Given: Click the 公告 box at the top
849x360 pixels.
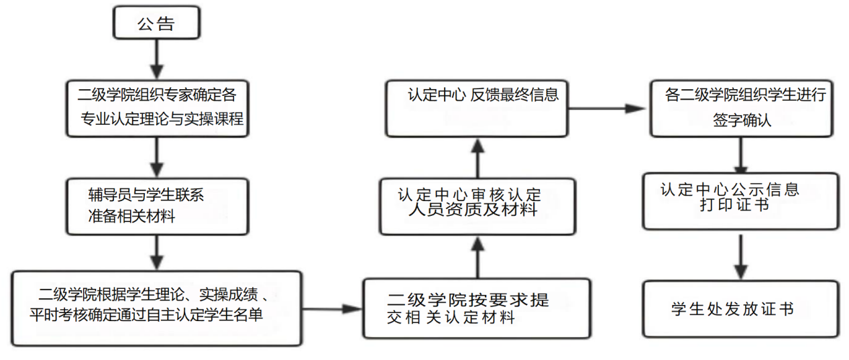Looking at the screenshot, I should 156,24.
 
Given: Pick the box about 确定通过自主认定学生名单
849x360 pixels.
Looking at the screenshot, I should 156,308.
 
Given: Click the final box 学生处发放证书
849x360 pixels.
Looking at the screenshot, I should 740,308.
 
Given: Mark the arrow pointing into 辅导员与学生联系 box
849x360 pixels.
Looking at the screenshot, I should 156,157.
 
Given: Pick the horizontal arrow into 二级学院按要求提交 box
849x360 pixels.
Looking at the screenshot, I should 331,309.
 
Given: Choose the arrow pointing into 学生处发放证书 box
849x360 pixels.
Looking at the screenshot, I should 740,255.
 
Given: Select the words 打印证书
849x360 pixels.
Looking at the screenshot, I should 733,204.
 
